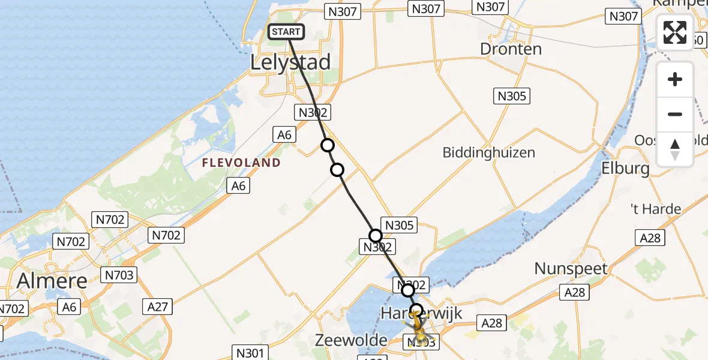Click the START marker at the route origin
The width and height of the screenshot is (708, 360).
pos(287,32)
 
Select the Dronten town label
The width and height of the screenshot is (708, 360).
pos(511,49)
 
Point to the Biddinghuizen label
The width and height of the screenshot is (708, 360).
pos(488,152)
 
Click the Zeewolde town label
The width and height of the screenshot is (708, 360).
pos(351,340)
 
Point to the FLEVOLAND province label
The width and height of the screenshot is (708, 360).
pos(241,163)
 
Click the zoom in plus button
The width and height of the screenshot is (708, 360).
pos(675,79)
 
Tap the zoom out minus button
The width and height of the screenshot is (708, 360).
pos(675,114)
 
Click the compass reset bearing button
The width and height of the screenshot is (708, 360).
pos(675,149)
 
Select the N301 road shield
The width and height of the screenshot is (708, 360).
pos(248,353)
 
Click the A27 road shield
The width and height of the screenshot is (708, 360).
pos(157,307)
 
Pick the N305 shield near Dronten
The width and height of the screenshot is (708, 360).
pos(512,95)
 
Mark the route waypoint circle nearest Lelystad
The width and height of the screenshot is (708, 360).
pos(327,145)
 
